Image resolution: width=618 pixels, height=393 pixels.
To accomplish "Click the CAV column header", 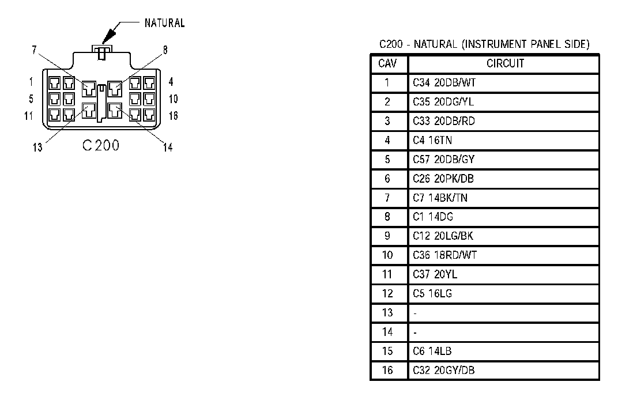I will click(x=387, y=63).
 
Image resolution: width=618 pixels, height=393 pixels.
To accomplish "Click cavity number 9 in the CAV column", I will click(x=387, y=236).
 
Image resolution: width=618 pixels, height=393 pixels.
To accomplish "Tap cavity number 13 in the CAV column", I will click(x=387, y=312).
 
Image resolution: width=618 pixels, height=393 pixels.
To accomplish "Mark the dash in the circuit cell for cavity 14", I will click(x=415, y=332).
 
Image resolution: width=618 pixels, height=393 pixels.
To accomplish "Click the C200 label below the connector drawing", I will click(x=101, y=145).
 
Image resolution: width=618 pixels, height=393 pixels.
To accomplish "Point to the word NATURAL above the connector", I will click(x=165, y=23).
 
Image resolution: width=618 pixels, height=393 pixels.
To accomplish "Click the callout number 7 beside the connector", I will click(x=34, y=50).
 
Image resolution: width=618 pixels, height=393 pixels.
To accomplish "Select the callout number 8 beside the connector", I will click(x=165, y=50).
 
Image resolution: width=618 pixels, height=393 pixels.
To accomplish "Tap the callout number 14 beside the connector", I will click(x=168, y=148).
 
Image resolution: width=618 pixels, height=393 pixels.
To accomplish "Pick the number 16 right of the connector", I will click(x=173, y=116).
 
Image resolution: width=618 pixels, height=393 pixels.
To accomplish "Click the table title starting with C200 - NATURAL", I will click(x=484, y=44).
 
